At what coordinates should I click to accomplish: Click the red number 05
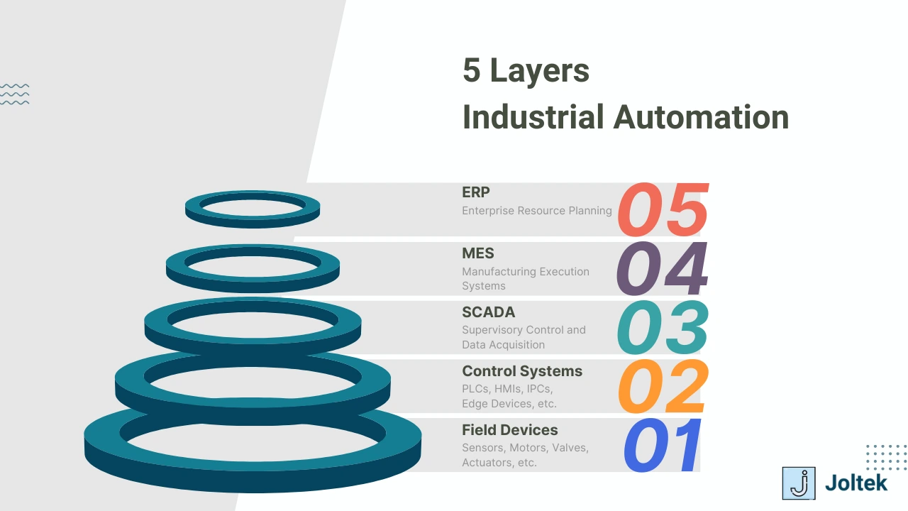[663, 209]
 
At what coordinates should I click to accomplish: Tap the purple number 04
[663, 268]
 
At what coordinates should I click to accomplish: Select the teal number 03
[663, 327]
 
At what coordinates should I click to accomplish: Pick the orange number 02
[663, 386]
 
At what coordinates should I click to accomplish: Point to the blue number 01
[663, 445]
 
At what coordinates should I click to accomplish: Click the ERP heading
[476, 192]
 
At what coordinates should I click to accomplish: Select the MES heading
[478, 253]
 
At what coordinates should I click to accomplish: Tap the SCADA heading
[489, 312]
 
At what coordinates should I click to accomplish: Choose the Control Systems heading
[522, 371]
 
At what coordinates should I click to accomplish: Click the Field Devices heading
[510, 430]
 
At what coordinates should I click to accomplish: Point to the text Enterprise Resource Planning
[537, 211]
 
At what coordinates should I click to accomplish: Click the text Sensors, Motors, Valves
[526, 448]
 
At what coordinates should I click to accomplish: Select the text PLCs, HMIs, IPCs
[507, 389]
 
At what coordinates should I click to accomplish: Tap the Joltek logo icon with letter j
[799, 483]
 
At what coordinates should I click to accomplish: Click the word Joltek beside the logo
[856, 483]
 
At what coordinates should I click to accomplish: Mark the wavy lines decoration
[15, 94]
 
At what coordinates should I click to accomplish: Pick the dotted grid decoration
[886, 457]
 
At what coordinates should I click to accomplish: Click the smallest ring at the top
[253, 208]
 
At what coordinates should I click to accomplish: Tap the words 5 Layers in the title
[526, 70]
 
